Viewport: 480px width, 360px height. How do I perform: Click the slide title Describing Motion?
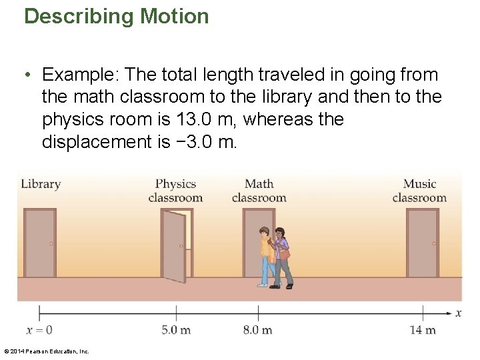click(x=117, y=16)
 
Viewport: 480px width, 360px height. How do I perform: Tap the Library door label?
click(x=41, y=184)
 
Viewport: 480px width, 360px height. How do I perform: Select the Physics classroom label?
click(x=175, y=191)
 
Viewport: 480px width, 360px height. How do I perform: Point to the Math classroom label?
click(x=259, y=191)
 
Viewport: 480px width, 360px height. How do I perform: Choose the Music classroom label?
click(x=419, y=191)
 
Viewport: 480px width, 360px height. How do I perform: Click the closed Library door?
click(x=40, y=243)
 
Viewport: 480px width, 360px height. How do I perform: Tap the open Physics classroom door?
click(x=174, y=247)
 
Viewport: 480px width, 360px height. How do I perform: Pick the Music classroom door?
click(x=423, y=243)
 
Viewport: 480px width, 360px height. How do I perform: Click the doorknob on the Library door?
click(x=51, y=244)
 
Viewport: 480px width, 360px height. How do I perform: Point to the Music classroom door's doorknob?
click(x=434, y=244)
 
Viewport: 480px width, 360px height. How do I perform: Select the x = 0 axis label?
click(x=39, y=330)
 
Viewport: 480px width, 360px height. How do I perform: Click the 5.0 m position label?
click(x=176, y=330)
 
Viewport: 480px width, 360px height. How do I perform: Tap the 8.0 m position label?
click(x=258, y=330)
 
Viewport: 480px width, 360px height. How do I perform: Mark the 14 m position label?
click(x=423, y=330)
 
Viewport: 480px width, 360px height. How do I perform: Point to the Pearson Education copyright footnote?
click(x=46, y=351)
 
